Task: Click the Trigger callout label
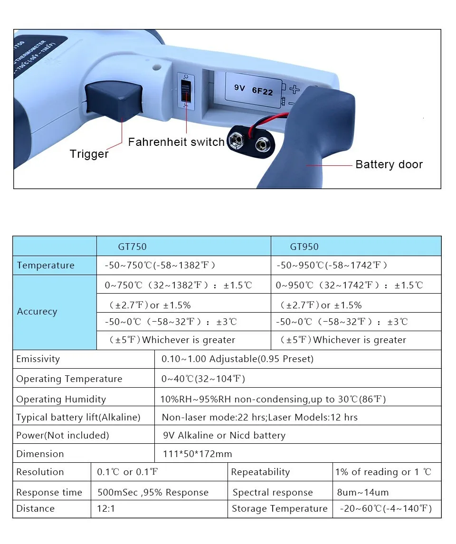click(x=89, y=153)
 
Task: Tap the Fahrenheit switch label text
click(x=176, y=142)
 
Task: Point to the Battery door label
click(x=389, y=164)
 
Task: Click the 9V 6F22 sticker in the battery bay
click(x=254, y=89)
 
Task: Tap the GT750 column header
click(x=132, y=247)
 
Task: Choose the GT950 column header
click(x=304, y=247)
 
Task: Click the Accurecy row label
click(x=37, y=312)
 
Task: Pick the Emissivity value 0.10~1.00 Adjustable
click(x=237, y=359)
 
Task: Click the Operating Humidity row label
click(x=61, y=399)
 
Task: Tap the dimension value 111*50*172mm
click(x=197, y=454)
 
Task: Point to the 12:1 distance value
click(x=106, y=508)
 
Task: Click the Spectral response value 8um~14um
click(x=362, y=492)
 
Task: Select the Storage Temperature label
click(x=279, y=508)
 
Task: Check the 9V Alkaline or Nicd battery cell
click(x=224, y=435)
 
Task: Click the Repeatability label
click(x=260, y=472)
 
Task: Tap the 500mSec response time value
click(x=152, y=492)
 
